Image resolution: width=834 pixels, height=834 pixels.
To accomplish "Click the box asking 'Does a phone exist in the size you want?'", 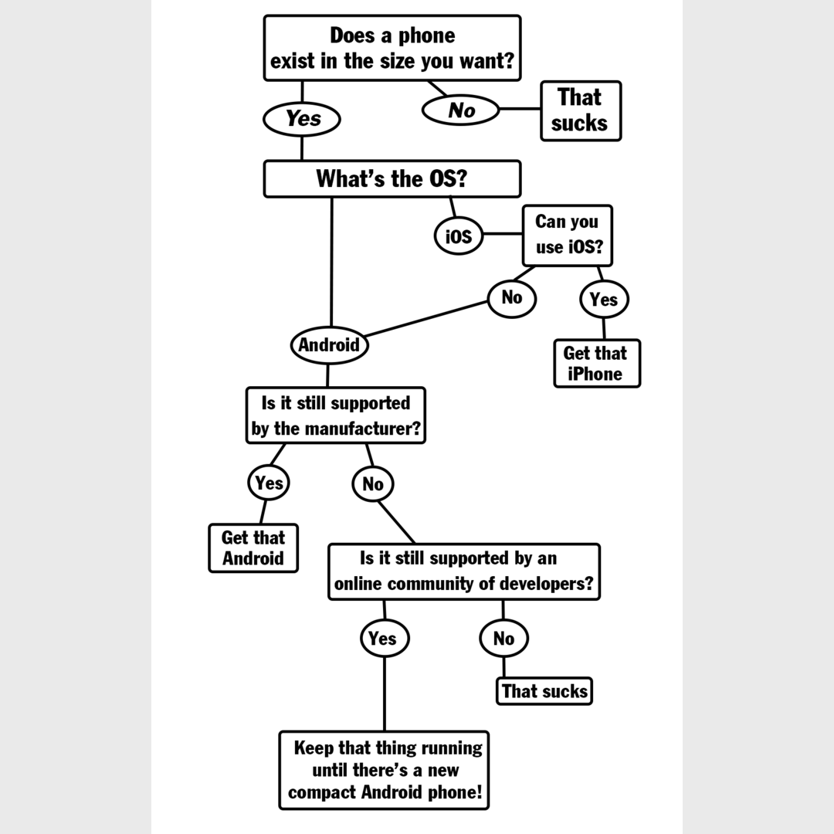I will click(x=392, y=48).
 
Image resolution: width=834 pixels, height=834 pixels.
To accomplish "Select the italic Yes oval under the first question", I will click(x=302, y=119).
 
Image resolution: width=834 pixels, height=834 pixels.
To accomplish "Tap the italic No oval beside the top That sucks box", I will click(x=461, y=110).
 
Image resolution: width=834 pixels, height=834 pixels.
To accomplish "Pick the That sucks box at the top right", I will click(x=580, y=110).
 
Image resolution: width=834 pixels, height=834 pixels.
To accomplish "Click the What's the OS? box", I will click(x=392, y=179).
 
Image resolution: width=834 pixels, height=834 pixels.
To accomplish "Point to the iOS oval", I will click(x=458, y=236).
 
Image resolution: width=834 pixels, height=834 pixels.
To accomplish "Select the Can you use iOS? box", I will click(x=568, y=235).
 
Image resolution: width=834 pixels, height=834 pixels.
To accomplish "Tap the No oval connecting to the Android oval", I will click(x=511, y=297).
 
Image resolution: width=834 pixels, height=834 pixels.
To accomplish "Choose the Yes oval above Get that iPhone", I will click(x=604, y=300).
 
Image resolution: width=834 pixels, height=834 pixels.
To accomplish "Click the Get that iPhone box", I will click(x=596, y=364).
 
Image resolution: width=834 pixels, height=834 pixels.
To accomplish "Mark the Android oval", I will click(x=330, y=345).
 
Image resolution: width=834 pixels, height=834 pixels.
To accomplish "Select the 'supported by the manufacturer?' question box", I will click(x=336, y=415).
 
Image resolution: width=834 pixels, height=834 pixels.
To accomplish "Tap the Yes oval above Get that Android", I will click(x=269, y=483).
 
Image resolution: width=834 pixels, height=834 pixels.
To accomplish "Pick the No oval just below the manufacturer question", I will click(x=373, y=484).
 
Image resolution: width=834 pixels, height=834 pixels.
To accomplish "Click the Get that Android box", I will click(x=253, y=548).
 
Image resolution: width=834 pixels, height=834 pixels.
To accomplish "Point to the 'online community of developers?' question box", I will click(x=464, y=571).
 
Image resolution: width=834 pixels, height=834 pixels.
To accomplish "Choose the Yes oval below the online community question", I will click(x=384, y=639).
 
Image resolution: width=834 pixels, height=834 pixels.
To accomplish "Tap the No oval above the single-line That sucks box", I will click(x=503, y=639).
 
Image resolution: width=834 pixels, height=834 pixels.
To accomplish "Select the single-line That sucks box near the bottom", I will click(x=544, y=690).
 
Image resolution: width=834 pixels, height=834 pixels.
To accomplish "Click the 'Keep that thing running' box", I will click(x=384, y=770).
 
